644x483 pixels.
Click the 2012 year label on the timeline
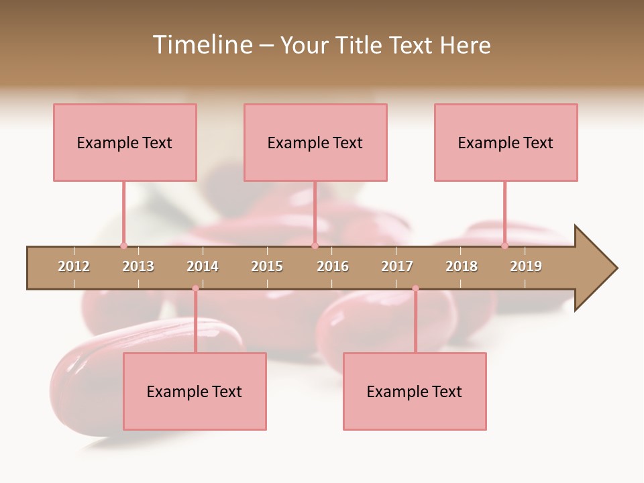click(74, 266)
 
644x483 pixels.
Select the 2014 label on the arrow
click(203, 266)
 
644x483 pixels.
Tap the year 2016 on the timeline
click(333, 266)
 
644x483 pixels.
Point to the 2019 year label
click(526, 266)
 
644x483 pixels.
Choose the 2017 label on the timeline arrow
click(397, 266)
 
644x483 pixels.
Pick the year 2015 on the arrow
click(267, 266)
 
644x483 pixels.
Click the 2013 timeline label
click(138, 266)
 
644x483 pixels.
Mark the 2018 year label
click(462, 266)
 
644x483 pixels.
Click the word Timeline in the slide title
click(201, 45)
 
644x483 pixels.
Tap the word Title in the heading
click(362, 45)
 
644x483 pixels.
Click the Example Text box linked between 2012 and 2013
click(125, 142)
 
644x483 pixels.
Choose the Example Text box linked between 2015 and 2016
click(315, 142)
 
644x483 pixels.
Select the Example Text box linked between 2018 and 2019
click(506, 142)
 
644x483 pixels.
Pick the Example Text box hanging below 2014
click(195, 391)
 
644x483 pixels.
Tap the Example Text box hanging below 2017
click(415, 391)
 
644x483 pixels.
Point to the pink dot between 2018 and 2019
click(505, 246)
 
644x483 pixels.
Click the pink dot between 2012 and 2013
click(123, 246)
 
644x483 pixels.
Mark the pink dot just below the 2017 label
click(415, 288)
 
